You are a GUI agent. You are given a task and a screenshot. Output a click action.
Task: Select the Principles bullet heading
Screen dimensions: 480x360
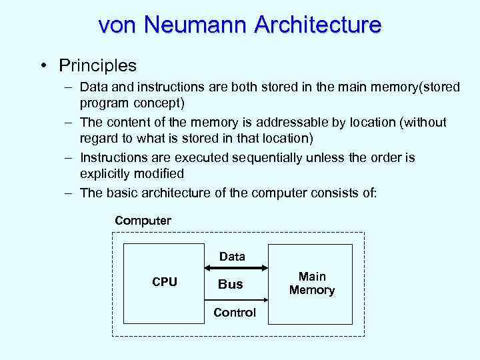(97, 65)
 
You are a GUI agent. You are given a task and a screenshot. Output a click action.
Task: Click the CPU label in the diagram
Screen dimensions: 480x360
(165, 282)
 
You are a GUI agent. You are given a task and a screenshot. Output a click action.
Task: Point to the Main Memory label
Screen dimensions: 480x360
(312, 283)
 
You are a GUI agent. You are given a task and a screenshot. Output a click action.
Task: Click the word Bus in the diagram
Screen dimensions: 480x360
(231, 284)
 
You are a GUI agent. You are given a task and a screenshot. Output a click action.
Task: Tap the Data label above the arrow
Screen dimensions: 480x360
(232, 256)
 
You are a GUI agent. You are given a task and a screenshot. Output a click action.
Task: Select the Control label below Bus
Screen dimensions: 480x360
(235, 313)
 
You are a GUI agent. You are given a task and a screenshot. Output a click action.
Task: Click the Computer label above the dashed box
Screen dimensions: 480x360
(143, 220)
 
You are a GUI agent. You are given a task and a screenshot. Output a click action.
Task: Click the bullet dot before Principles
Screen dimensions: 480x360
(42, 66)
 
